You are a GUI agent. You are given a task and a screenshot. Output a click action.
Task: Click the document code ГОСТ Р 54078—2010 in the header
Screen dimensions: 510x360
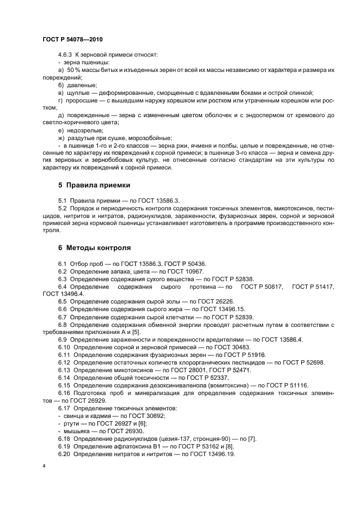pos(72,40)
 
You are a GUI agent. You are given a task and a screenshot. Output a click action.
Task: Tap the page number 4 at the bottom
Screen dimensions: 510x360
pos(44,466)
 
